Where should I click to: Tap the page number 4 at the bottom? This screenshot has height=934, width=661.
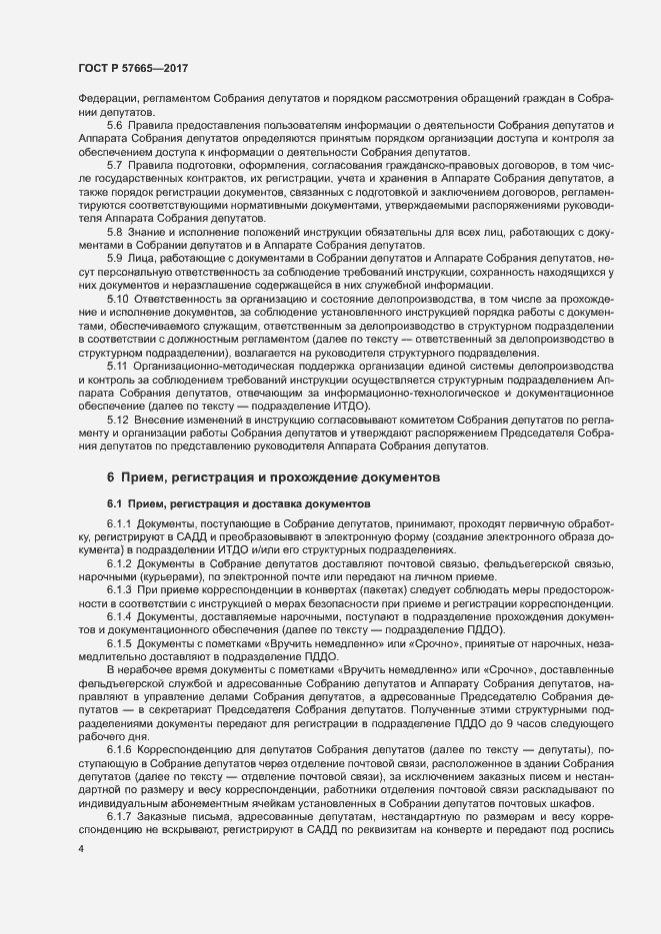(x=80, y=849)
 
